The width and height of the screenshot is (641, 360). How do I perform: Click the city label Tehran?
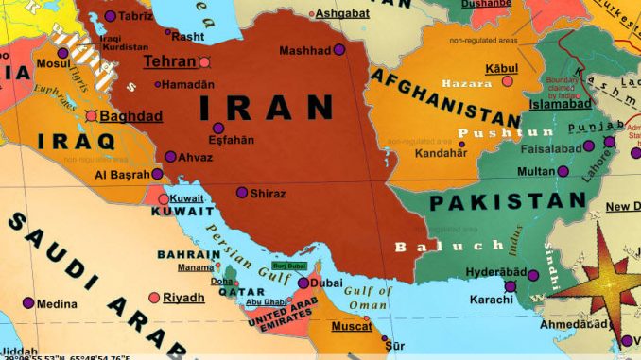pyautogui.click(x=169, y=61)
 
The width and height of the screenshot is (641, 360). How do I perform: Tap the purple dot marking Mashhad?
pyautogui.click(x=339, y=49)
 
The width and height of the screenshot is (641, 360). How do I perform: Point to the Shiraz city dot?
pyautogui.click(x=242, y=192)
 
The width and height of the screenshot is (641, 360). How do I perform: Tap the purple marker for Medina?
pyautogui.click(x=28, y=303)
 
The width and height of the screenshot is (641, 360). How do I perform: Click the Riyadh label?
pyautogui.click(x=183, y=298)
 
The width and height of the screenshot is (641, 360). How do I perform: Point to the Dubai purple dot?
pyautogui.click(x=303, y=283)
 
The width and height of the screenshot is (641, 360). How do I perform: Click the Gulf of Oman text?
pyautogui.click(x=368, y=298)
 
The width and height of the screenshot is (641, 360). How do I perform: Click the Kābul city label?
pyautogui.click(x=501, y=69)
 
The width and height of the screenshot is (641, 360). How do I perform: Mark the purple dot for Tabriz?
pyautogui.click(x=111, y=16)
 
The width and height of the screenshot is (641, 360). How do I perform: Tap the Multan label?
pyautogui.click(x=536, y=171)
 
